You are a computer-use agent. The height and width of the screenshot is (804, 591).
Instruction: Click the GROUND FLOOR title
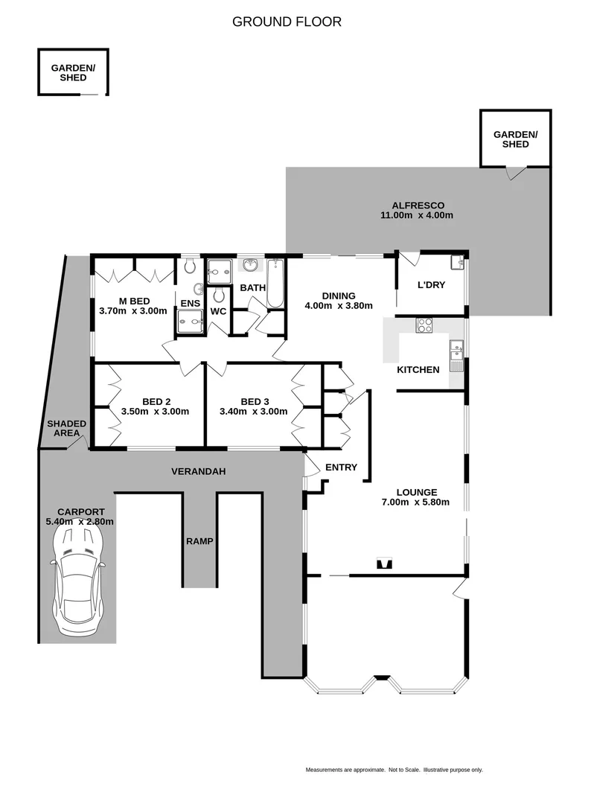coord(287,22)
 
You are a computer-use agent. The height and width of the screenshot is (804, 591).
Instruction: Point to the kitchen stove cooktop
coord(424,325)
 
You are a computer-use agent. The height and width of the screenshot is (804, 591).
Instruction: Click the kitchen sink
coord(456,346)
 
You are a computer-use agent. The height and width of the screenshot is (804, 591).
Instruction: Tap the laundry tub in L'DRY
coord(457,263)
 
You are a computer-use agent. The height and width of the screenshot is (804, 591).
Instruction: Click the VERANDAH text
coord(198,471)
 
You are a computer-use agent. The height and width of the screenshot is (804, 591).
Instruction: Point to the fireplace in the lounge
coord(384,564)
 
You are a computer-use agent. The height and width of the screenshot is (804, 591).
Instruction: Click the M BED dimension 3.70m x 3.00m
coord(133,311)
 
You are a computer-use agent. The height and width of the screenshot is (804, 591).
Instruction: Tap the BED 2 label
coord(155,401)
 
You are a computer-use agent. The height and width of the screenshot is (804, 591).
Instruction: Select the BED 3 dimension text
coord(253,411)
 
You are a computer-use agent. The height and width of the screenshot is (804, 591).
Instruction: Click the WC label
coord(218,311)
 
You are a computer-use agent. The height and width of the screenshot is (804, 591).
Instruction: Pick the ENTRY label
coord(341,468)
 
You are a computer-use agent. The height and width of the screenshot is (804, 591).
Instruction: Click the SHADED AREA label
coord(66,428)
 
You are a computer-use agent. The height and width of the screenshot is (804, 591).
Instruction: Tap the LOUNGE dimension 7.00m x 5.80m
coord(416,502)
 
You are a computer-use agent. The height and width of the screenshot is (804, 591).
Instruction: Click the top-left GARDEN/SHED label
coord(73,72)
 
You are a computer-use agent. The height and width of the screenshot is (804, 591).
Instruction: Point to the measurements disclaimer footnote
coord(394,769)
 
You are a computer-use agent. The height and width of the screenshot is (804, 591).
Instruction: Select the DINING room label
coord(338,295)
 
